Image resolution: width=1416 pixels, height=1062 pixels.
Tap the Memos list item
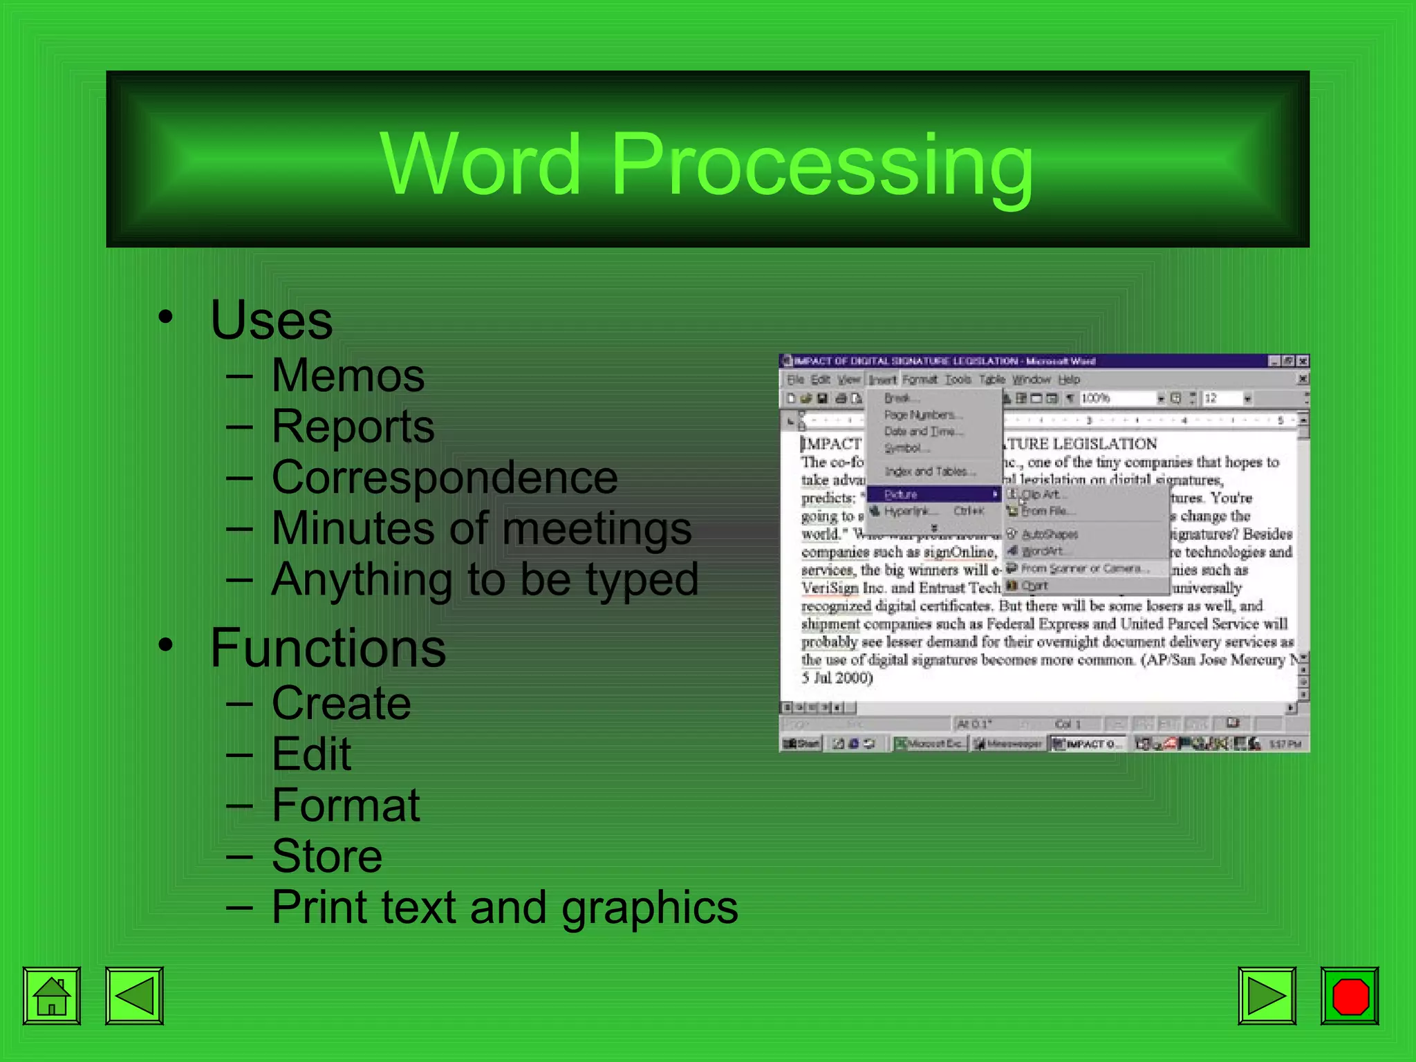[347, 376]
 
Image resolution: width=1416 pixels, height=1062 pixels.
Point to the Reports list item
[353, 427]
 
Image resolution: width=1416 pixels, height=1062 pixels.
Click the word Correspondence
[445, 478]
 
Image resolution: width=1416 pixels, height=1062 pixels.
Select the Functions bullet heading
[328, 648]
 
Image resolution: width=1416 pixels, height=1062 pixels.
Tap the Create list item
[341, 703]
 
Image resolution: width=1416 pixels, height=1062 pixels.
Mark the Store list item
[326, 856]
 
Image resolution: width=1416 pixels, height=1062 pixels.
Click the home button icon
[52, 996]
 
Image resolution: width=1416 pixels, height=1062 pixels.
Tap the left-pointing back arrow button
[134, 996]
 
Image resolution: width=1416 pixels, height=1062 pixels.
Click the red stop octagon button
[1350, 996]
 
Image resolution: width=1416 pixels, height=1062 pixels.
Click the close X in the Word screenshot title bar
[1303, 361]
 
